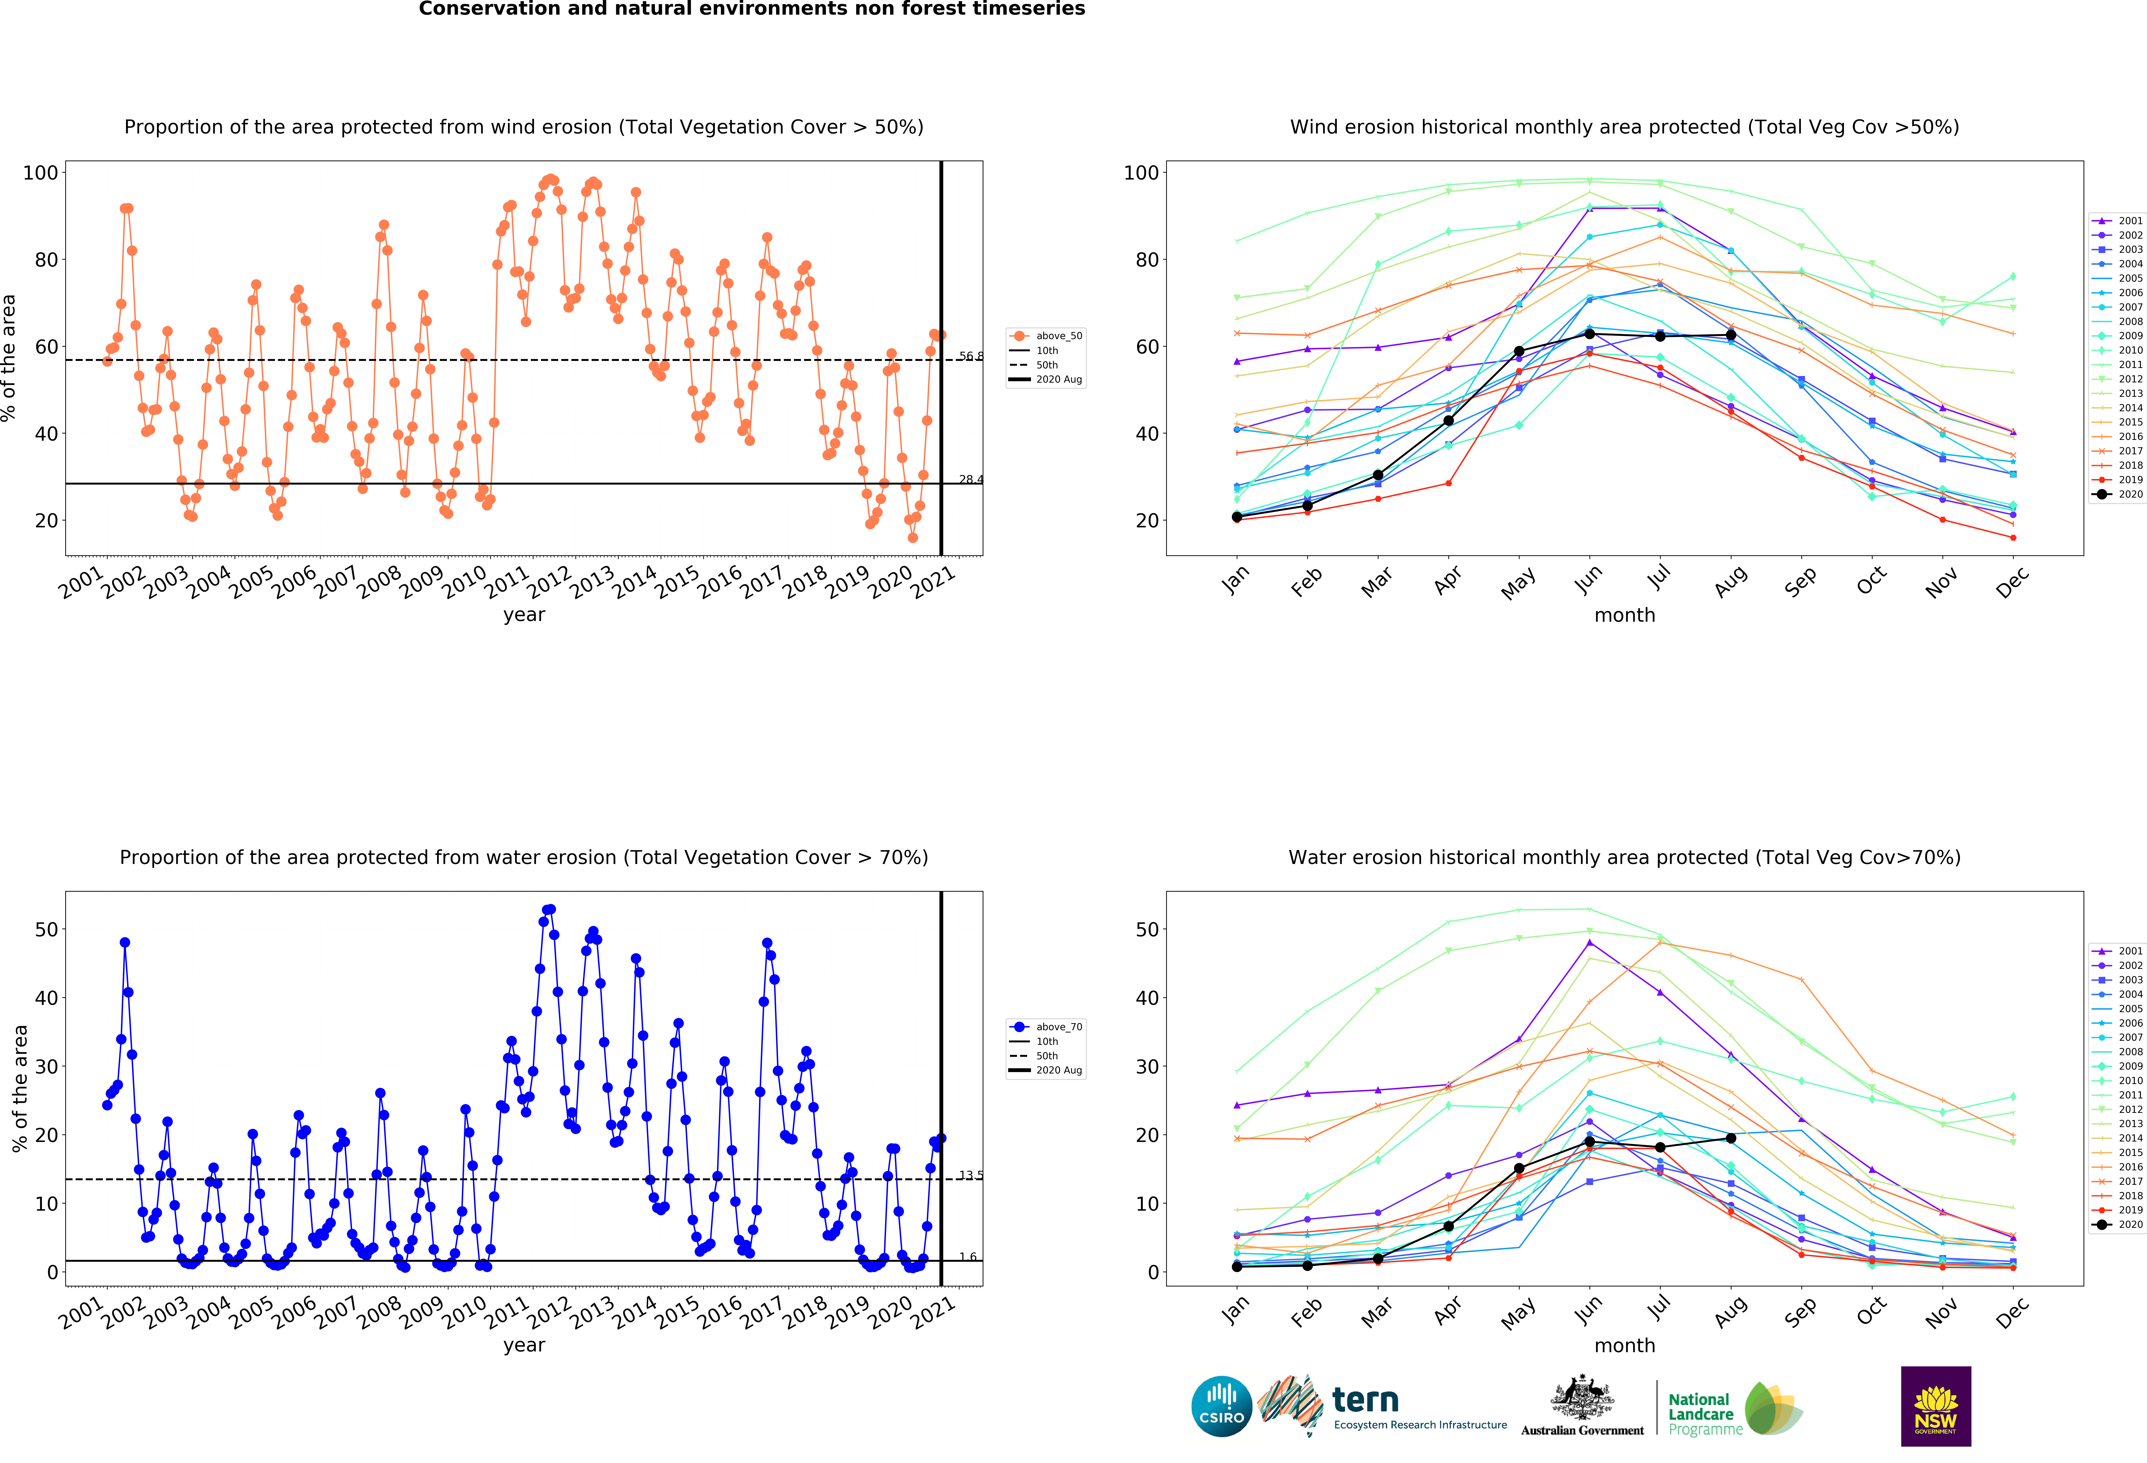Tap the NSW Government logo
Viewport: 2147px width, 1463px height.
tap(1935, 1406)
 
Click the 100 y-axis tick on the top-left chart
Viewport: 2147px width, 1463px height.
tap(41, 173)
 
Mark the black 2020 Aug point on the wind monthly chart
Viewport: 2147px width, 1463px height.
tap(1730, 335)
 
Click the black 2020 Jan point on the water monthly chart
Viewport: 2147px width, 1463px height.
tap(1237, 1266)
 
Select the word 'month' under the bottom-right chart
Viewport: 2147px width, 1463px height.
tap(1624, 1346)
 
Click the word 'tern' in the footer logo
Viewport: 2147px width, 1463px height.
tap(1365, 1400)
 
